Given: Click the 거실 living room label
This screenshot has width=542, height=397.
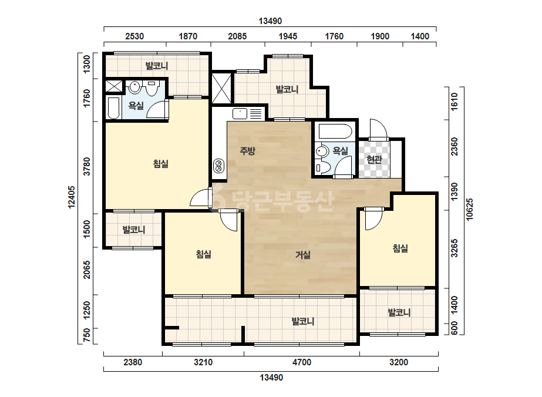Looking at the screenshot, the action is click(303, 255).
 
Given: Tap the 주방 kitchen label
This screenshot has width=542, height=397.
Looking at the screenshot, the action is click(247, 150).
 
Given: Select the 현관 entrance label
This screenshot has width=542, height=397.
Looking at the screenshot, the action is click(374, 159).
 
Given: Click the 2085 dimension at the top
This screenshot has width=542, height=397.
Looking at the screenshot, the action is click(237, 36).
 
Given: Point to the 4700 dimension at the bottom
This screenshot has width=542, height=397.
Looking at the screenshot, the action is click(302, 362).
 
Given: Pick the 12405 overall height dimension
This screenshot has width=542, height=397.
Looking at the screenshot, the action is click(72, 197).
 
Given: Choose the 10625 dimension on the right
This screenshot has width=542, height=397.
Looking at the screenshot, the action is click(469, 209).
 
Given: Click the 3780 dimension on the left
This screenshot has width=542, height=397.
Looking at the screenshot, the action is click(87, 166).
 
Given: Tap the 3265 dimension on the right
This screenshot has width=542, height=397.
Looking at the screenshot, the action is click(454, 248).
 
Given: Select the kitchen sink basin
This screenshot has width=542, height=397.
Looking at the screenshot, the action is click(240, 113).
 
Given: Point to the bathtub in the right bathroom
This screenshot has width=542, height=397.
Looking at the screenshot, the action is click(335, 132).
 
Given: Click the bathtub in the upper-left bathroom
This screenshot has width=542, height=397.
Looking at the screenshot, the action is click(114, 108).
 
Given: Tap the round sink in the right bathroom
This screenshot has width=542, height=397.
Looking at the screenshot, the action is click(322, 151).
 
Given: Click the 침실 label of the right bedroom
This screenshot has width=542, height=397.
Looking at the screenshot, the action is click(400, 248).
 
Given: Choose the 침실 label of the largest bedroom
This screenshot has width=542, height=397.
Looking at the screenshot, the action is click(161, 163).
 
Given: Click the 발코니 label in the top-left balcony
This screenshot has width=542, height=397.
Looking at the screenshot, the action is click(157, 65).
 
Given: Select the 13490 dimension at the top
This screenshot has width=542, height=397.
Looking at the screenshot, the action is click(270, 21).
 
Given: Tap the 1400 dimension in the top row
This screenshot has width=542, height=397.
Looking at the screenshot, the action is click(420, 36).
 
